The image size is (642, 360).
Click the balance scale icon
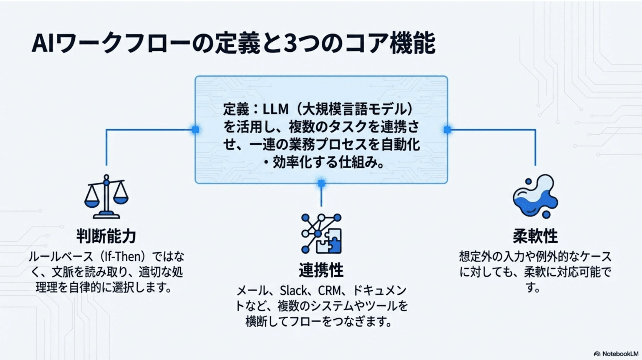click(106, 197)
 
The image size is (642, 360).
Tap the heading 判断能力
click(106, 236)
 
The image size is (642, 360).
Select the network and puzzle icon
click(321, 234)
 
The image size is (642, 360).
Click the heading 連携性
click(321, 270)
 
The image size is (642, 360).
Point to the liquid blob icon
click(535, 196)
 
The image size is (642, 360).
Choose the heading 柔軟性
click(535, 236)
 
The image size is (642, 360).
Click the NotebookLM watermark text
click(620, 354)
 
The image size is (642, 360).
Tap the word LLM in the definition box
click(276, 109)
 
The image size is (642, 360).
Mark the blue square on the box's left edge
click(196, 130)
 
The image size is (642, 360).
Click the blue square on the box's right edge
click(447, 130)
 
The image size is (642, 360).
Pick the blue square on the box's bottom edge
click(321, 183)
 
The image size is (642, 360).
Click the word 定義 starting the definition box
click(236, 109)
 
